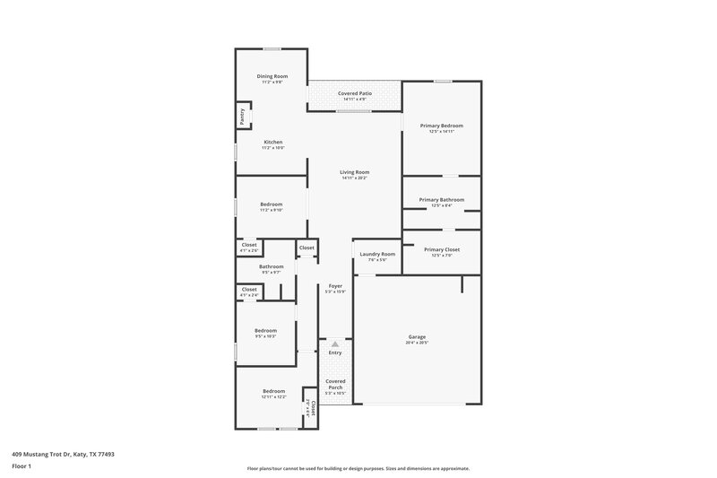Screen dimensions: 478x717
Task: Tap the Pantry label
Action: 241,116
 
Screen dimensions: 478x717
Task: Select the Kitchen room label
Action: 272,143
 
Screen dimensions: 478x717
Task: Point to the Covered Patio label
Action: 355,93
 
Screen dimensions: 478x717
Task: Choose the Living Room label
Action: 354,172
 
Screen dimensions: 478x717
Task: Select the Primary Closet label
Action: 441,249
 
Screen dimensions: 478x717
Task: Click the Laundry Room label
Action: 376,255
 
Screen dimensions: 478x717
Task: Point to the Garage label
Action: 417,336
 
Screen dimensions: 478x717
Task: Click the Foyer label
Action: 335,285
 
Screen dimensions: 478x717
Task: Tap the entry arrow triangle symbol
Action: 335,343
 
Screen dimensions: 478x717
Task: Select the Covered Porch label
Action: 335,384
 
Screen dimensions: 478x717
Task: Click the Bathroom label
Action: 272,266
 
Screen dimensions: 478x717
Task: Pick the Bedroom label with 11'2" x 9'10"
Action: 272,204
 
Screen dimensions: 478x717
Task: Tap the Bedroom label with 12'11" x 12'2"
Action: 273,391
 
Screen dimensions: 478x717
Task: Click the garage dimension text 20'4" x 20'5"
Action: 417,343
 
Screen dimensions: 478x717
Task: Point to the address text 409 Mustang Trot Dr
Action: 63,455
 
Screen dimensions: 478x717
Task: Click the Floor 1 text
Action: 22,467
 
